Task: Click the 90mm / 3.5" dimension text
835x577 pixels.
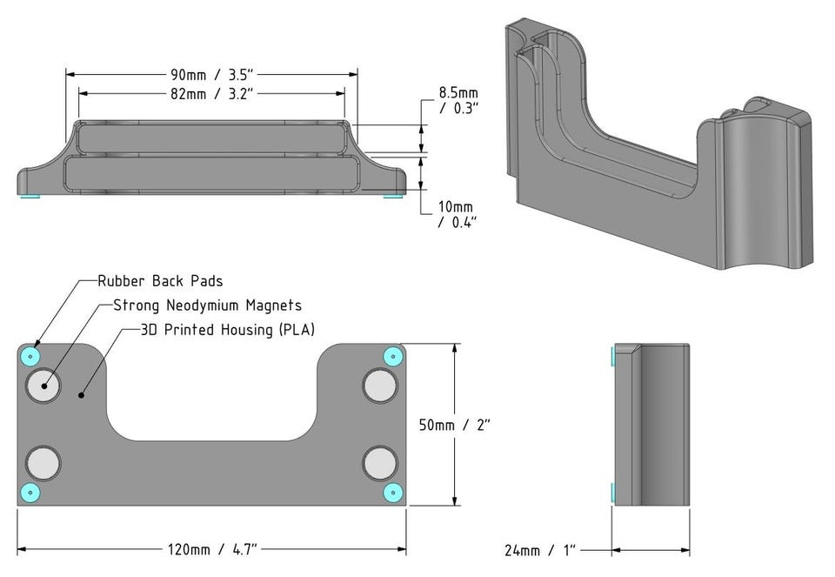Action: pyautogui.click(x=212, y=73)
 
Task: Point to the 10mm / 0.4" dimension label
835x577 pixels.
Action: pyautogui.click(x=458, y=214)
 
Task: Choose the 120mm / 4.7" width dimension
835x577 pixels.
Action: pyautogui.click(x=212, y=549)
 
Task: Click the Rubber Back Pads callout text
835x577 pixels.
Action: pyautogui.click(x=160, y=281)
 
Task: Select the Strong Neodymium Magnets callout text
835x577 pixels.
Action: pyautogui.click(x=208, y=305)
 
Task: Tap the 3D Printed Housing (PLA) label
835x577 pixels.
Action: pyautogui.click(x=228, y=331)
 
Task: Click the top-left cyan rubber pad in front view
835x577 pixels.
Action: pyautogui.click(x=31, y=355)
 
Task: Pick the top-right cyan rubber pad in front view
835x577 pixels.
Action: pyautogui.click(x=393, y=356)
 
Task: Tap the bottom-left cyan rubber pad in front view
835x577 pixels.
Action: pyautogui.click(x=31, y=493)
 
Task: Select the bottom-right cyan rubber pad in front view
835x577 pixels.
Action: pyautogui.click(x=393, y=493)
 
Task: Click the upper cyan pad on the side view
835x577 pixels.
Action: pyautogui.click(x=614, y=356)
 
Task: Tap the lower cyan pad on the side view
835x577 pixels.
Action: pyautogui.click(x=614, y=493)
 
